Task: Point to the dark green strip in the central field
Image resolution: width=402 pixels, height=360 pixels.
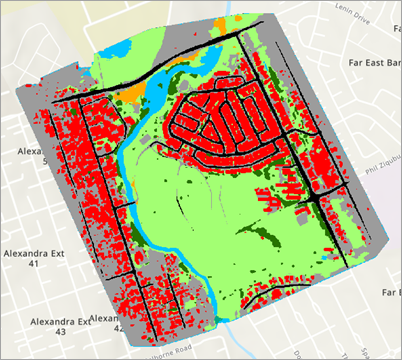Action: pyautogui.click(x=256, y=235)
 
